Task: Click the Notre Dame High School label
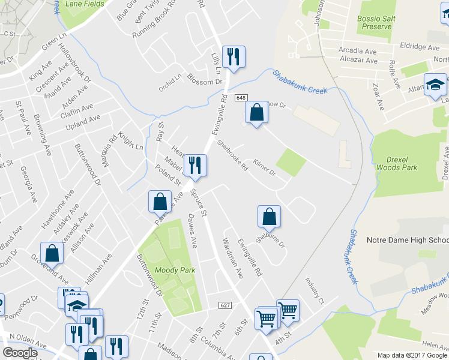click(408, 241)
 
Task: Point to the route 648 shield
click(241, 98)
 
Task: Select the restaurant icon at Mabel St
click(194, 164)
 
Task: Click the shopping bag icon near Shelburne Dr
click(269, 216)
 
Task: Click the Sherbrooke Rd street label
click(232, 156)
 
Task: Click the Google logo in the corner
click(20, 353)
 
